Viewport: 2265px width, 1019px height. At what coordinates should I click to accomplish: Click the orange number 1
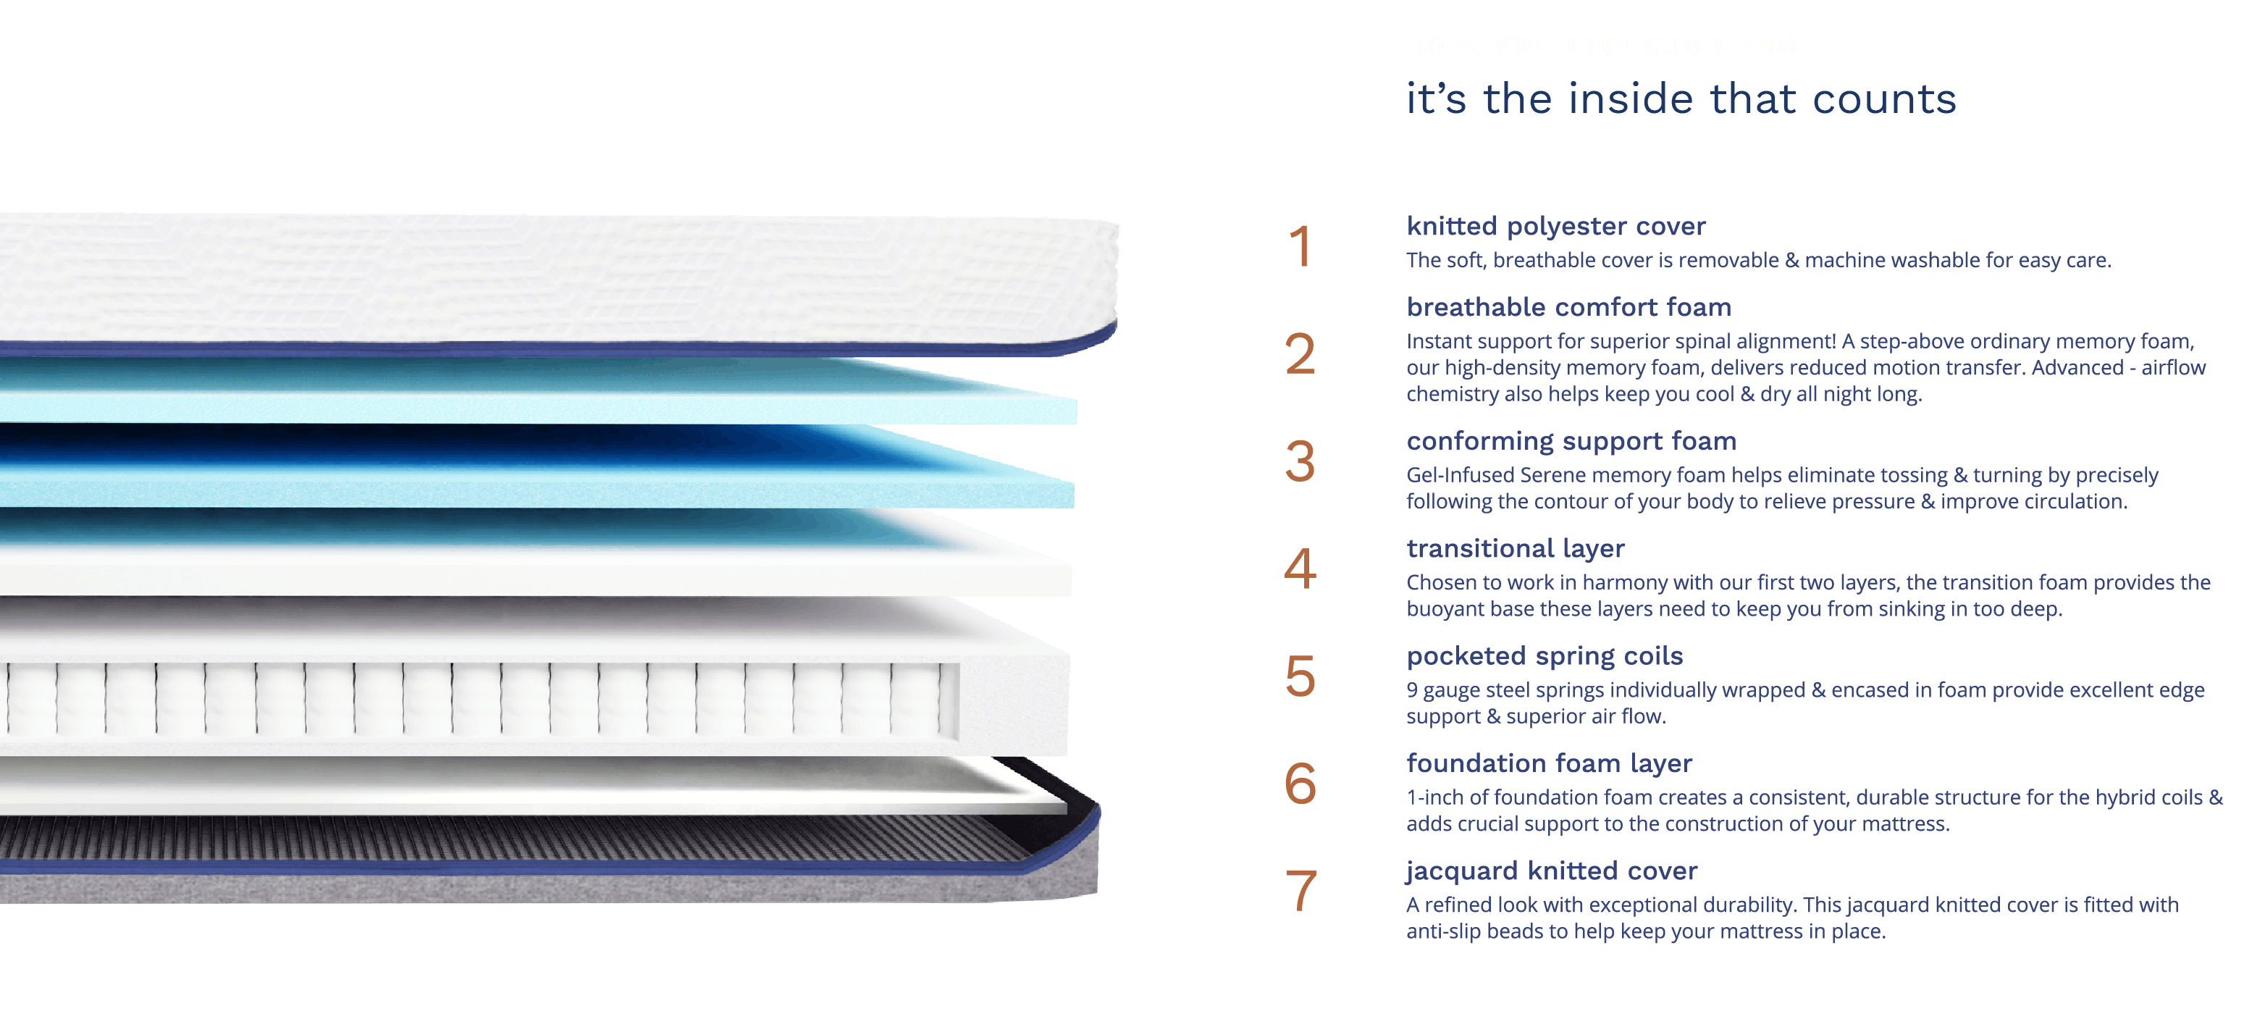tap(1300, 247)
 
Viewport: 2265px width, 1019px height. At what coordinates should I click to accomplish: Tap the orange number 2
tap(1300, 354)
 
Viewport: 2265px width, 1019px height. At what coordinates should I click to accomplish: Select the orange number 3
tap(1300, 461)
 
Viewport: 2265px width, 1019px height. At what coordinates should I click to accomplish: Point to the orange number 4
tap(1300, 569)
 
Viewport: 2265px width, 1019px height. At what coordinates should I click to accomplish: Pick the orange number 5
tap(1300, 676)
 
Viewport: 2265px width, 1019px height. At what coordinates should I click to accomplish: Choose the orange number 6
tap(1300, 784)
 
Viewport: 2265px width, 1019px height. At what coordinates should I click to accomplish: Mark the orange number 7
tap(1300, 891)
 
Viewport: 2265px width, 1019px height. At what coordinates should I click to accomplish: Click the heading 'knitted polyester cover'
tap(1555, 227)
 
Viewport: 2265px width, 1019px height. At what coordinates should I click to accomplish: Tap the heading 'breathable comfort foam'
tap(1568, 308)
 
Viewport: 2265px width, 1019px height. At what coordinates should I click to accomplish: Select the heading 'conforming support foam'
tap(1571, 441)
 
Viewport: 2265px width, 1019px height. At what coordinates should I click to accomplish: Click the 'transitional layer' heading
tap(1515, 549)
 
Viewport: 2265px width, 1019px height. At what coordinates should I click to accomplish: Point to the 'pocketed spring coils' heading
tap(1544, 656)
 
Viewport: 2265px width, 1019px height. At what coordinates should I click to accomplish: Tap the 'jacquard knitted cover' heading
tap(1551, 871)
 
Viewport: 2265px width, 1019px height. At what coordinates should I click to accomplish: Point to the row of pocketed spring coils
tap(475, 699)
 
